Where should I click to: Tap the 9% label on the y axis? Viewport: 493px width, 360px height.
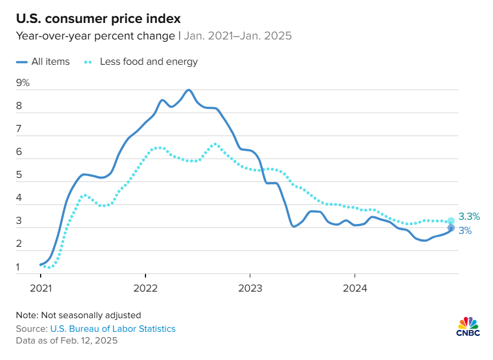pos(23,83)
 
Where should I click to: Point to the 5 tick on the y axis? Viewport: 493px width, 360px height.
pos(19,175)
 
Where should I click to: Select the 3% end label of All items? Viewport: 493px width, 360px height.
pos(465,231)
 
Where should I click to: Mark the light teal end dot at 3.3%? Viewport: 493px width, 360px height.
pos(451,221)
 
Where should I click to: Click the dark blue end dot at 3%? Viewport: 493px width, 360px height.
pos(451,228)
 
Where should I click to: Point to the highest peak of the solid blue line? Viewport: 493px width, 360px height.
pos(188,90)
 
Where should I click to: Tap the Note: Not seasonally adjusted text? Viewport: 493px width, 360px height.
pos(78,315)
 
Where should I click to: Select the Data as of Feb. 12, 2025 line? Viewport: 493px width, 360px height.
pos(67,341)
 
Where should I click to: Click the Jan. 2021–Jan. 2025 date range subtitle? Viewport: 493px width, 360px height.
pos(238,35)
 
